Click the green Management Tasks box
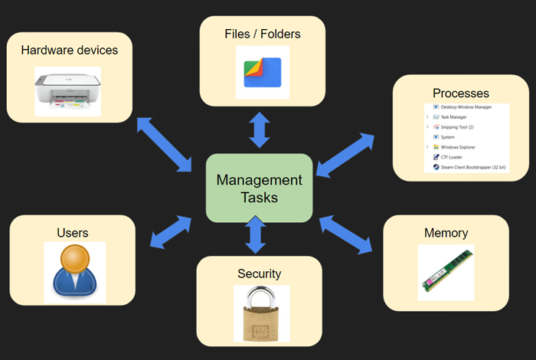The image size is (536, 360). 259,188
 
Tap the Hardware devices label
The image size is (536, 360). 69,51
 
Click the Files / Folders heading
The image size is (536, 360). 262,34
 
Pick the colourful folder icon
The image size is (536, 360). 262,72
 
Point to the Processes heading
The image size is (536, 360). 460,93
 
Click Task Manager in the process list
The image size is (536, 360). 457,117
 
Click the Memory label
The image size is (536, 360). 446,233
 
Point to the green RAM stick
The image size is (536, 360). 446,271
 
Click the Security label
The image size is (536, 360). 259,273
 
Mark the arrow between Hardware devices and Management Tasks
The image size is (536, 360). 164,145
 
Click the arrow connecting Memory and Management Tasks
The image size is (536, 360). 346,234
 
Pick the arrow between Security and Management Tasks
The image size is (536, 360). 256,234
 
